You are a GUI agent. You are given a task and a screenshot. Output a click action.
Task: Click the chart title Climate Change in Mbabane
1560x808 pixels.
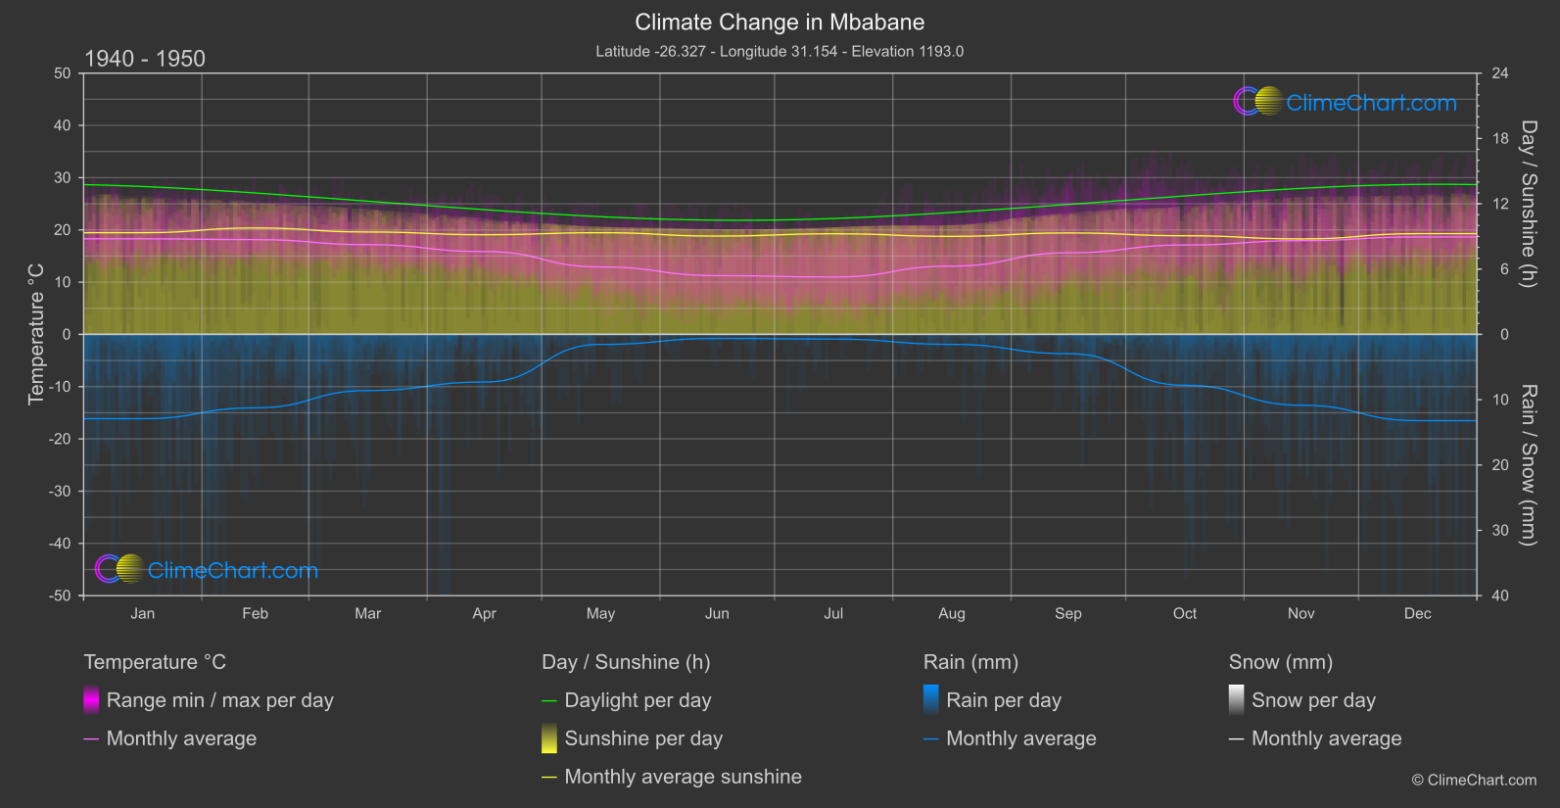point(780,22)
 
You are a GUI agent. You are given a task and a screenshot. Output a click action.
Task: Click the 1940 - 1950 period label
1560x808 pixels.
point(145,59)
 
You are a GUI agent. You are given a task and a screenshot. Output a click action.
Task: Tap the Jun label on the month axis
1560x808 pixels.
point(717,613)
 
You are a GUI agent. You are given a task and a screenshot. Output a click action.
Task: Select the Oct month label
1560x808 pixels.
point(1184,613)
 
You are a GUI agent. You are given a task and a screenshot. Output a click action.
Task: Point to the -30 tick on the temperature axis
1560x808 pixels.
point(61,492)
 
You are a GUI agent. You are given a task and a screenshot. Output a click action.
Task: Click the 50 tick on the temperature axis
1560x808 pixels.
point(63,73)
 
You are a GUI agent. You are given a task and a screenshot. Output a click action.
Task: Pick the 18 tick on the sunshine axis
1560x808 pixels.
point(1499,139)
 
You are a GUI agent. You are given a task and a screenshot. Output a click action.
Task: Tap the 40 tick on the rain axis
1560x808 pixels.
point(1499,595)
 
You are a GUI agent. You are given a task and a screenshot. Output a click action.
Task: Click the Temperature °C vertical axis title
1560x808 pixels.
point(36,334)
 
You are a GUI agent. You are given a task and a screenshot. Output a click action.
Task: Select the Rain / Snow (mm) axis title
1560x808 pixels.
point(1528,465)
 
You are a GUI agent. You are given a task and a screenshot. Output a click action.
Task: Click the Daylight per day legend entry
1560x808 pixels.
point(638,700)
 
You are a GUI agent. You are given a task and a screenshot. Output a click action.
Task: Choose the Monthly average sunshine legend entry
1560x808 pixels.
point(683,777)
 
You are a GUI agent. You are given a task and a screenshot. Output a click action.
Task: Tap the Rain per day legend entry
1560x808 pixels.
point(1003,700)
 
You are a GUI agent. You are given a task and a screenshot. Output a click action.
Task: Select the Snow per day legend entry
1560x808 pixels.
point(1313,700)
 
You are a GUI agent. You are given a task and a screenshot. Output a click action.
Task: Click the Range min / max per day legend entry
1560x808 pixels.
point(219,700)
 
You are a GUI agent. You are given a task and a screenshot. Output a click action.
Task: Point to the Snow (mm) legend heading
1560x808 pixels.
point(1280,662)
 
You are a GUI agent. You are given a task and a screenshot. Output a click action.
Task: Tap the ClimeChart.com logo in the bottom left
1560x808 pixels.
point(207,570)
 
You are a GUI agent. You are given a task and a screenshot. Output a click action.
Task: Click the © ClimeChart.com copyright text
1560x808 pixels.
point(1474,781)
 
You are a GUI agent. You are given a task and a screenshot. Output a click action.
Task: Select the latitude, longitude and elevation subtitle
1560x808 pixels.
point(780,51)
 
